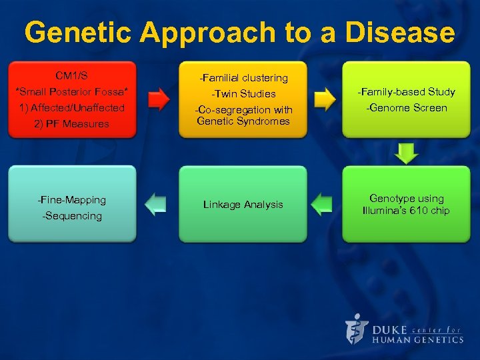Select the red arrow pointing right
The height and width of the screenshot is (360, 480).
159,99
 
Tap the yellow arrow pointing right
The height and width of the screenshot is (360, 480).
325,99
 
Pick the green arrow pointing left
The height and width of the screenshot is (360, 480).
322,203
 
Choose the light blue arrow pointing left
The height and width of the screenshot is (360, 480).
156,203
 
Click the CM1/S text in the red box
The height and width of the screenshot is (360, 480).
72,75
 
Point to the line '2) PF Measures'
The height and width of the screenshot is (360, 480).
72,123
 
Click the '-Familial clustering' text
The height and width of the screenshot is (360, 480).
244,78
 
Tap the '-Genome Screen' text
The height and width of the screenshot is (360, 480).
406,108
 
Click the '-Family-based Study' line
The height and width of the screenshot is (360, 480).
406,91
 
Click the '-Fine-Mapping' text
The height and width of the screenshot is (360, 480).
72,199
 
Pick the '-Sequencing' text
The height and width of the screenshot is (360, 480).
72,215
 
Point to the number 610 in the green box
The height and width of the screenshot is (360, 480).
419,211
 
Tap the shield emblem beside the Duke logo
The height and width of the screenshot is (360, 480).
357,329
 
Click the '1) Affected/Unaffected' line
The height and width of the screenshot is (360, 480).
72,107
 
